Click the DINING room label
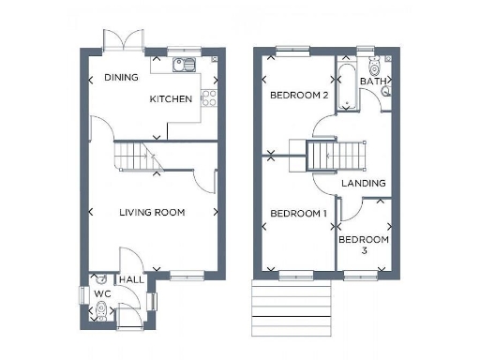[121, 78]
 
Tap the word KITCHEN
[171, 98]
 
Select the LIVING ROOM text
[152, 213]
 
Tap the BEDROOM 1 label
[298, 214]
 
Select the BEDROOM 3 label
[363, 245]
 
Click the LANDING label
[363, 183]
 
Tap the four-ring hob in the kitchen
[210, 97]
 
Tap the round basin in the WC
[100, 278]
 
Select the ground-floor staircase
[136, 155]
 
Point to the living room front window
[187, 275]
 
